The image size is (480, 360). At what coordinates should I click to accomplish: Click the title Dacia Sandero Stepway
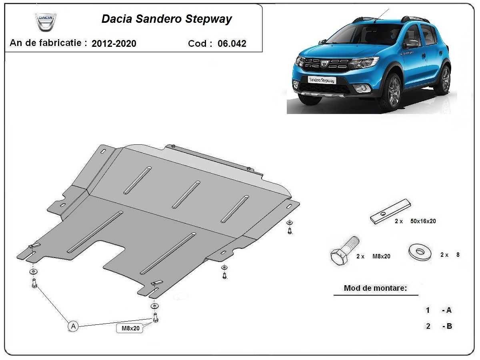(166, 19)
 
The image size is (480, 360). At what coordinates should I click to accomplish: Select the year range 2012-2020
(114, 44)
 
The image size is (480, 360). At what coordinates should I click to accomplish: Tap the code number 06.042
(232, 44)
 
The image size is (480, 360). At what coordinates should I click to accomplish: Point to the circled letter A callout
(72, 326)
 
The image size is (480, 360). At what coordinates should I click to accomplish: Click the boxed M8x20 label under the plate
(128, 329)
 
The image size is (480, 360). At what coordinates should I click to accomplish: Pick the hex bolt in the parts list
(344, 251)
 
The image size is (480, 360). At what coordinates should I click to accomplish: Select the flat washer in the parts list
(420, 252)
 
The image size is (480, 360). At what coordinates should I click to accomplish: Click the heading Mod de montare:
(375, 288)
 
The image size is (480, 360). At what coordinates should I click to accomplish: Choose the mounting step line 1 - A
(439, 310)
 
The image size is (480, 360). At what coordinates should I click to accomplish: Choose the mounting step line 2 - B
(439, 326)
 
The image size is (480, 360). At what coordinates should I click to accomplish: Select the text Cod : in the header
(200, 44)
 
